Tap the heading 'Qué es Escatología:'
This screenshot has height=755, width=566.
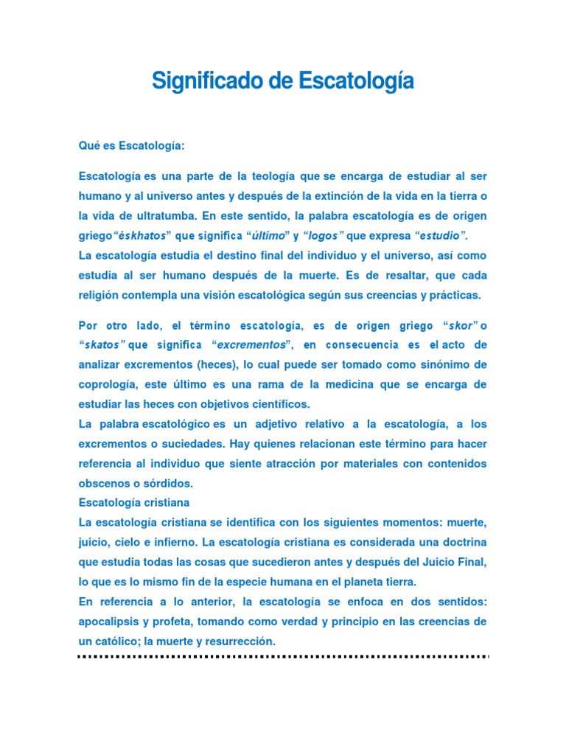(x=131, y=146)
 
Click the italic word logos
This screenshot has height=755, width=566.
(x=324, y=236)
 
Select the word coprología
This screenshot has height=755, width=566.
(x=108, y=385)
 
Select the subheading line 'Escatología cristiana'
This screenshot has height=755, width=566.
(x=134, y=503)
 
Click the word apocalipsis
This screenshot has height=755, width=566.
(x=110, y=622)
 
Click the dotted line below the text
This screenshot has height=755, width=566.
(x=283, y=655)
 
